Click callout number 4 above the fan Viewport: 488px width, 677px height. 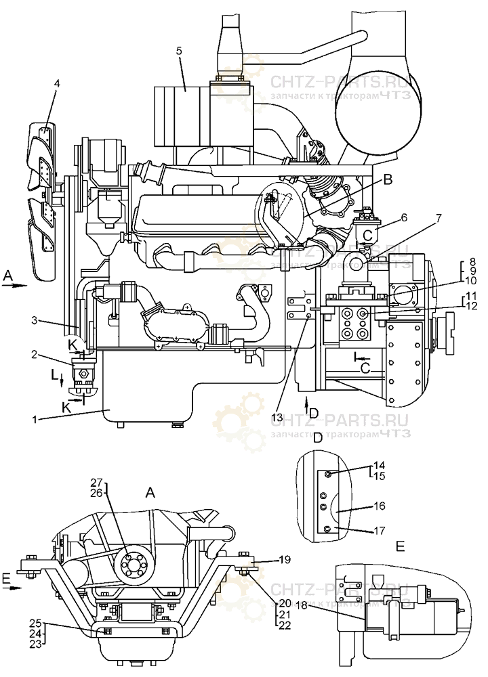[57, 83]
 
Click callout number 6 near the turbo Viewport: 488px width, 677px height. [404, 218]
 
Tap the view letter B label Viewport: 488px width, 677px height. [388, 179]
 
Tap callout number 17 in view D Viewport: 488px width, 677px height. [380, 531]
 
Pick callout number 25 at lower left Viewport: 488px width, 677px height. [35, 623]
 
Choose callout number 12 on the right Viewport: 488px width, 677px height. [470, 306]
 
